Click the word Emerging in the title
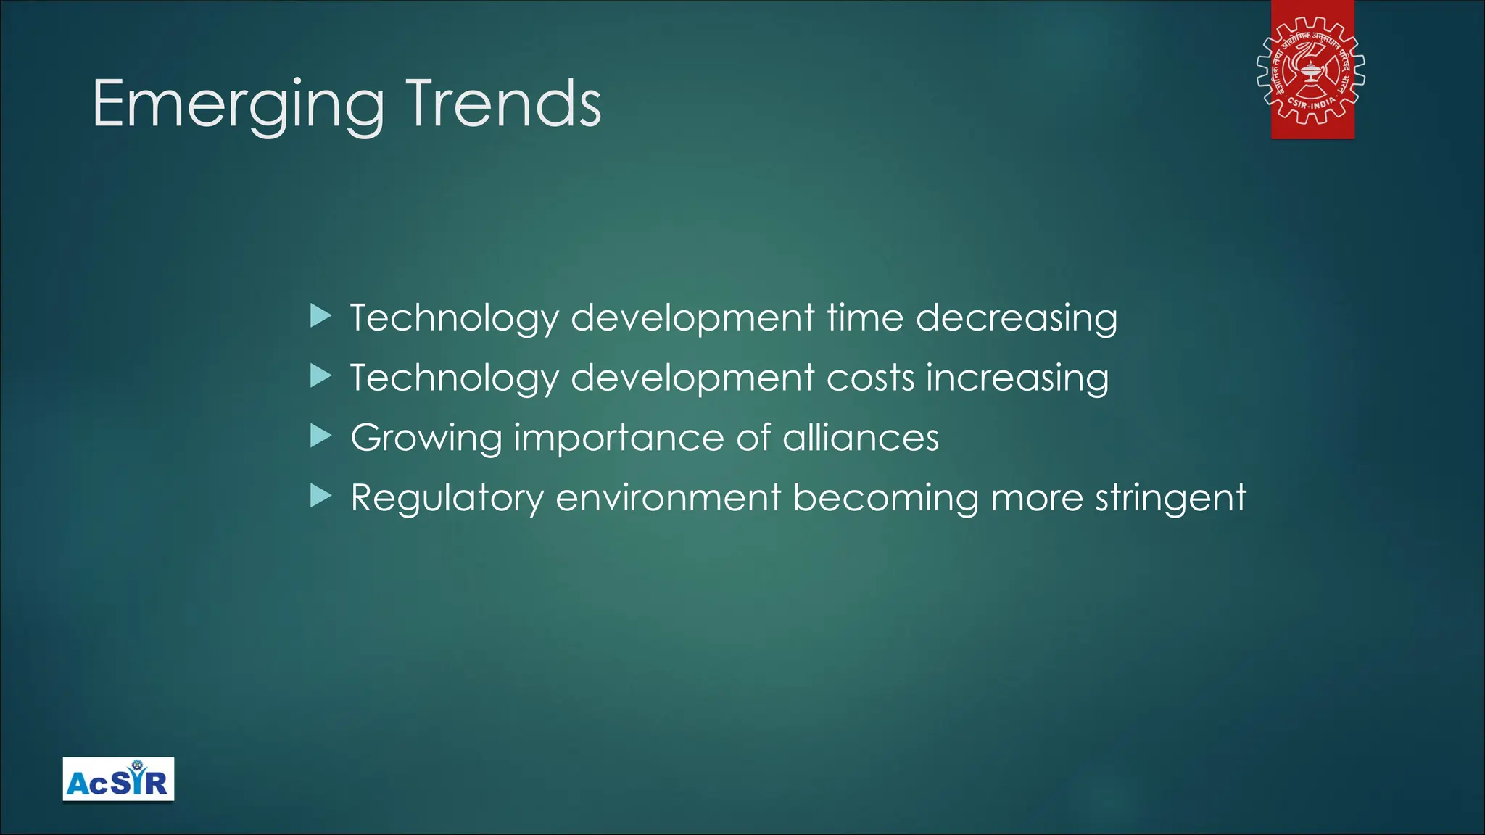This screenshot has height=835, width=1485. pyautogui.click(x=238, y=105)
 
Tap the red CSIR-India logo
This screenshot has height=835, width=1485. pyautogui.click(x=1312, y=70)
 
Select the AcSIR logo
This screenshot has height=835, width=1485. pyautogui.click(x=118, y=780)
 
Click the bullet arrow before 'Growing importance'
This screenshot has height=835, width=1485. pyautogui.click(x=320, y=436)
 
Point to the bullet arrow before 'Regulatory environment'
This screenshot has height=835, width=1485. pyautogui.click(x=320, y=497)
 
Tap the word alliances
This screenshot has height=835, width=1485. pyautogui.click(x=861, y=438)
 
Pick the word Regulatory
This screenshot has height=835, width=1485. pyautogui.click(x=447, y=499)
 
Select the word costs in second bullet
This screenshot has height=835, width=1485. pyautogui.click(x=870, y=378)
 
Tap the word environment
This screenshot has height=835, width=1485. pyautogui.click(x=668, y=498)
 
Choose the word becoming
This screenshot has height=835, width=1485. pyautogui.click(x=885, y=499)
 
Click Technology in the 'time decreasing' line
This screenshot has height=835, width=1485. pyautogui.click(x=455, y=319)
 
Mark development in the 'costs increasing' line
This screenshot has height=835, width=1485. pyautogui.click(x=692, y=379)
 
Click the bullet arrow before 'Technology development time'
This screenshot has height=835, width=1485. pyautogui.click(x=320, y=316)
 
